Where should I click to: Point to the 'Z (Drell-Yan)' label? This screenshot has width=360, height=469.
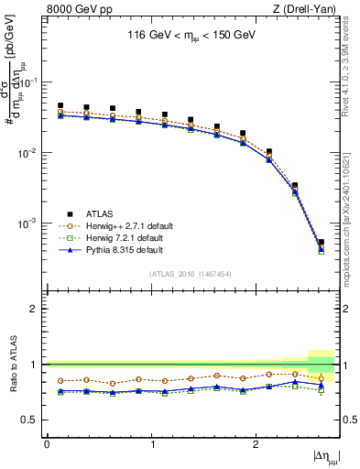pyautogui.click(x=310, y=8)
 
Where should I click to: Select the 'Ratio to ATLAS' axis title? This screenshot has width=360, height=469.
pyautogui.click(x=13, y=365)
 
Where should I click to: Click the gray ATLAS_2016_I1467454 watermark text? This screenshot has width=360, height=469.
pyautogui.click(x=191, y=274)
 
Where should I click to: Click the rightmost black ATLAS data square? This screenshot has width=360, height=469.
pyautogui.click(x=321, y=243)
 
